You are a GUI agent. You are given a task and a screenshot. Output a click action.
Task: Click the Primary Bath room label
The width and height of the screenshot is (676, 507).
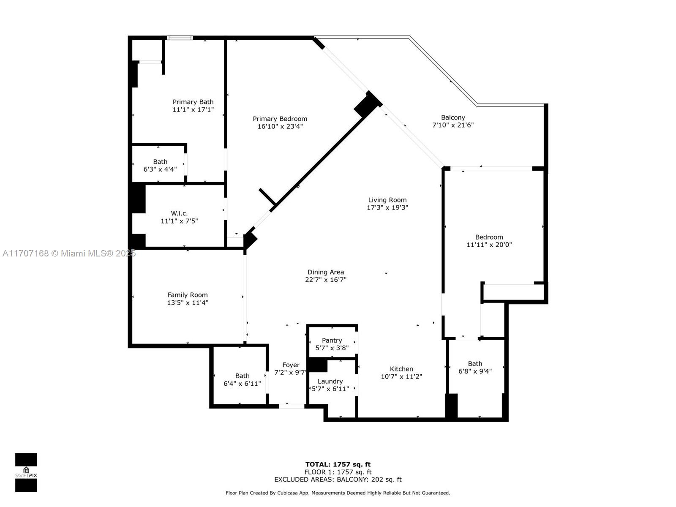tap(193, 102)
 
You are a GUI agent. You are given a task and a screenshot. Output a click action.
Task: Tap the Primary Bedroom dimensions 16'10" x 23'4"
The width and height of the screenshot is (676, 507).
tap(280, 126)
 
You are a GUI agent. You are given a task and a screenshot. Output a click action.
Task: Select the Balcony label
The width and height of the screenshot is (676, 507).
tap(453, 117)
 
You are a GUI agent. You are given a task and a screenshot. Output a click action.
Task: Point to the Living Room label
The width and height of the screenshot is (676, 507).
tap(387, 200)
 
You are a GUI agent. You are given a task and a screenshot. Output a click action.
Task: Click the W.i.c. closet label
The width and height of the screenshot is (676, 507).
tap(179, 213)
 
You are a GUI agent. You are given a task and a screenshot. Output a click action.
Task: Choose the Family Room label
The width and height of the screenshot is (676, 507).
tap(188, 295)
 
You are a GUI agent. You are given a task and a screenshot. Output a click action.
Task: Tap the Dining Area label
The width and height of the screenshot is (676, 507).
tap(325, 272)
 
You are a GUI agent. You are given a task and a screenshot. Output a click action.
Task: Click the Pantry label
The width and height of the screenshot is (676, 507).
tap(332, 341)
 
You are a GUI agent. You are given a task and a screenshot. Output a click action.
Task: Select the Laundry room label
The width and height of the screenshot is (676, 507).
tap(330, 382)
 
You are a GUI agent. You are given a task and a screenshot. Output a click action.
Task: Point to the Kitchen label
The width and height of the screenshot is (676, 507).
tap(401, 369)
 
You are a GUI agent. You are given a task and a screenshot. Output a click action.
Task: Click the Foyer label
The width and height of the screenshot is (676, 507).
tap(291, 365)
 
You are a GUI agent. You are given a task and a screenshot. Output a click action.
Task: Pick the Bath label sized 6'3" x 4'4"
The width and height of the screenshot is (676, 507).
tap(160, 162)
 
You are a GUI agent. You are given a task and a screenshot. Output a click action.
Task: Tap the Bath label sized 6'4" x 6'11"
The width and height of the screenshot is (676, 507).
tap(242, 376)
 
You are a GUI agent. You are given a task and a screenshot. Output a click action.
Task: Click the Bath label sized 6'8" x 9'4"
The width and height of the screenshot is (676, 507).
tap(475, 364)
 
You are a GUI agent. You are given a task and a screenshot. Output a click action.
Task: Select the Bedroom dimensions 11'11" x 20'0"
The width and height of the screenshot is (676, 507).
tap(489, 245)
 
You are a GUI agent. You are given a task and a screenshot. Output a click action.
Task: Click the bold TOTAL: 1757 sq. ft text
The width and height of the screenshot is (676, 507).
tap(338, 464)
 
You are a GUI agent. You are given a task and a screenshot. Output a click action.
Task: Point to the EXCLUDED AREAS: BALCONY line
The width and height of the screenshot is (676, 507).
tap(338, 480)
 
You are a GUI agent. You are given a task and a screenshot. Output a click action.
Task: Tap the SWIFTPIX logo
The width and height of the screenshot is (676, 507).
tap(26, 472)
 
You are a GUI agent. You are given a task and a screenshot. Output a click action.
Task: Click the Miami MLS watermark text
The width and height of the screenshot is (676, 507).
tap(69, 253)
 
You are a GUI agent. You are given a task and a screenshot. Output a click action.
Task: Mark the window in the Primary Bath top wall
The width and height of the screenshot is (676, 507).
tap(180, 38)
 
